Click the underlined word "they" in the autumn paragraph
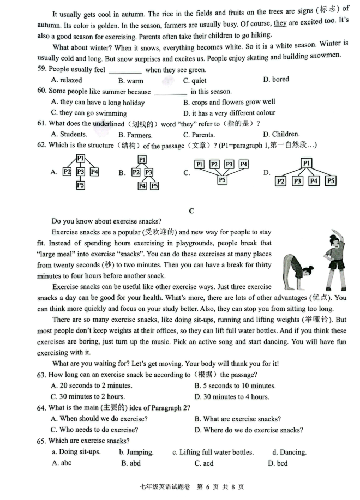coord(280,23)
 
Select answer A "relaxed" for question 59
coord(66,80)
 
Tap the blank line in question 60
coord(170,92)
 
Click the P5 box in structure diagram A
coord(80,185)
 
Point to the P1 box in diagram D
coord(306,162)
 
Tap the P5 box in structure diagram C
coord(222,179)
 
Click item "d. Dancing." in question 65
coord(289,452)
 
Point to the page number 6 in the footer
coord(200,486)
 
